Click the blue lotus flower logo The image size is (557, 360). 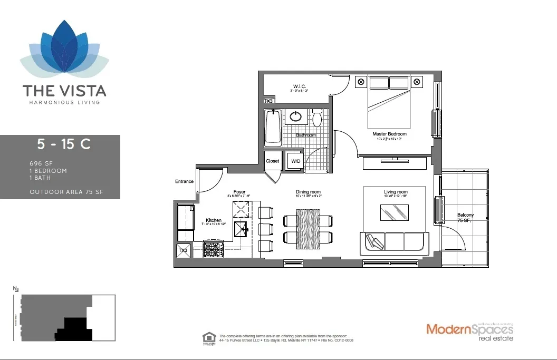click(x=64, y=50)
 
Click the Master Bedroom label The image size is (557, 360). click(x=389, y=134)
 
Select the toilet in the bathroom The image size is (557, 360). click(x=317, y=119)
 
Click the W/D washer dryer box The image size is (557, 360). click(x=294, y=161)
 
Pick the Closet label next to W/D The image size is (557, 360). click(x=272, y=161)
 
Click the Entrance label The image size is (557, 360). click(x=184, y=182)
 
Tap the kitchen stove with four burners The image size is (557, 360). click(x=214, y=248)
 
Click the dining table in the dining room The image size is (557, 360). click(x=308, y=228)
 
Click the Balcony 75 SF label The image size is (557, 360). click(x=465, y=218)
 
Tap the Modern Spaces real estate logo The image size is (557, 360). click(x=469, y=332)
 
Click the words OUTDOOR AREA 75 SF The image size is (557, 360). click(x=66, y=192)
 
